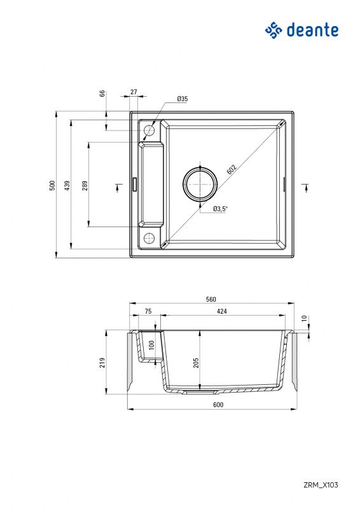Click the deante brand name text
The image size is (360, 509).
(x=312, y=30)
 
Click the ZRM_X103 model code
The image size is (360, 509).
(x=321, y=485)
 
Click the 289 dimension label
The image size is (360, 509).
(x=85, y=185)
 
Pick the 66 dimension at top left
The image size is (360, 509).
(x=102, y=93)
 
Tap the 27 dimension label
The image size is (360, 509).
(x=134, y=92)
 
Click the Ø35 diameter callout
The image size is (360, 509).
(x=182, y=99)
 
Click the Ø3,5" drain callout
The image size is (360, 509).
(x=220, y=208)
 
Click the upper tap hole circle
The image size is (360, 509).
(x=149, y=131)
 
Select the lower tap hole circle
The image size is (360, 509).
(x=149, y=239)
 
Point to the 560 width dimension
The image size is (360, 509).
(x=211, y=299)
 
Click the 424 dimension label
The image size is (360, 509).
(x=222, y=311)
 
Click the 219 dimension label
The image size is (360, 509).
(x=102, y=362)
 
